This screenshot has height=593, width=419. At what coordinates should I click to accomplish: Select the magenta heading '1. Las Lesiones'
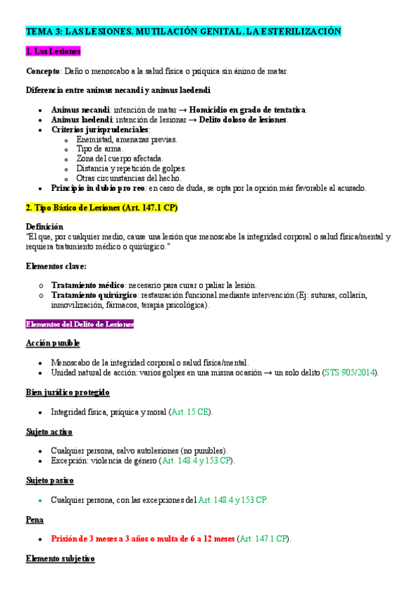pos(53,52)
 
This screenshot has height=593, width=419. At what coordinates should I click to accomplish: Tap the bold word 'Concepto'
pos(43,71)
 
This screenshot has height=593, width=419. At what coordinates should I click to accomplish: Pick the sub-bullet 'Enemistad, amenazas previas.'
pos(127,139)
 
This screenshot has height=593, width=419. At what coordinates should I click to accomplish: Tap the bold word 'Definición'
pos(44,227)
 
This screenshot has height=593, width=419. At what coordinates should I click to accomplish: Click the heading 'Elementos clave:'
pos(56,266)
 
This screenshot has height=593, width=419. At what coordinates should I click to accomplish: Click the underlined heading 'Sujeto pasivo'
pos(50,480)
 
